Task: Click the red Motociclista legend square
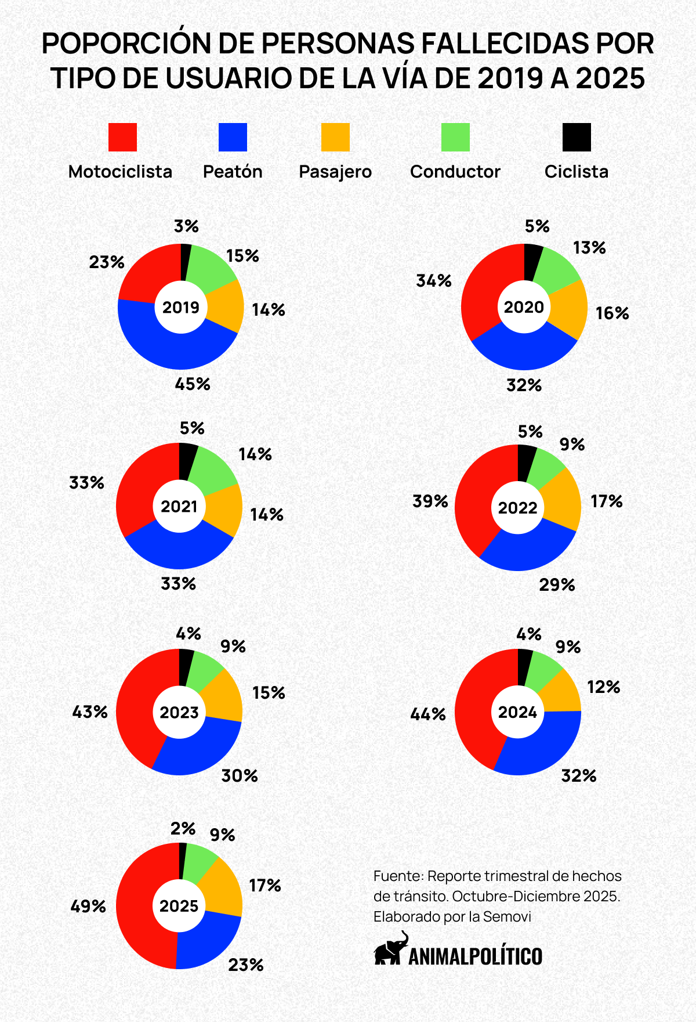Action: pos(122,137)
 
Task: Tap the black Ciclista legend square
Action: pos(577,137)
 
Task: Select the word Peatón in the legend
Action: pos(233,172)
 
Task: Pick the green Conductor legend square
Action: pos(455,137)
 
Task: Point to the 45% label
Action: pos(193,384)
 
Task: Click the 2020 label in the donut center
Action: pos(524,307)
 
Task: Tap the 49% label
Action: pos(88,906)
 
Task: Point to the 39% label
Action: pos(430,501)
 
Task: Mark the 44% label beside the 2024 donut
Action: pos(428,714)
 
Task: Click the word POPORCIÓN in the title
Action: pos(130,44)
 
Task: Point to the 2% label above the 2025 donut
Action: pos(183,828)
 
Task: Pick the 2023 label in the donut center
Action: pos(179,712)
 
